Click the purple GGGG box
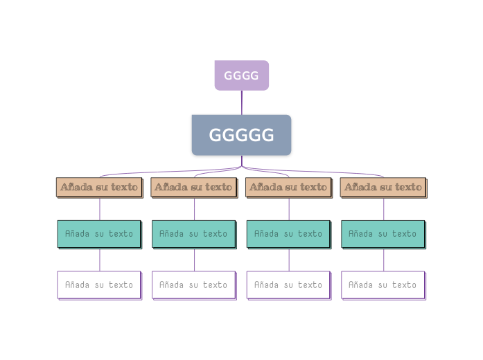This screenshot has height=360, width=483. click(241, 75)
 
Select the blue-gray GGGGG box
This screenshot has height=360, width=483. click(241, 135)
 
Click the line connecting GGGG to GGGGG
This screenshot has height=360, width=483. click(242, 102)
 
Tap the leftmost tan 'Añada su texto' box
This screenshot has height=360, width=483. click(99, 187)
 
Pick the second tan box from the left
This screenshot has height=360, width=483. click(193, 187)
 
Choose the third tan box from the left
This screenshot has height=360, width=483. click(288, 187)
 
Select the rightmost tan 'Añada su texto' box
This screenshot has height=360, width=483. click(383, 187)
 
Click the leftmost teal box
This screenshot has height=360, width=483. click(99, 234)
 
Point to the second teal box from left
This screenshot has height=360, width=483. click(193, 234)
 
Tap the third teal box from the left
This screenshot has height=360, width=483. click(288, 234)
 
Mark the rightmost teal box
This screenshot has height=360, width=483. click(383, 234)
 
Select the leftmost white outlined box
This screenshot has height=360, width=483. click(99, 285)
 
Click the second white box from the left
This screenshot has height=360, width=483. click(193, 285)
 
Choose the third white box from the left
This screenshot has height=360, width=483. click(288, 285)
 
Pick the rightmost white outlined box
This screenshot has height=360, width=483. click(383, 285)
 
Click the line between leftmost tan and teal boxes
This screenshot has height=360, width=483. click(100, 209)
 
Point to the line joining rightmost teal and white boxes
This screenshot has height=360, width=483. click(383, 260)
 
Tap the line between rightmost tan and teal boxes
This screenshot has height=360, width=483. click(383, 209)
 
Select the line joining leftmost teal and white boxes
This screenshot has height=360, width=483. click(100, 260)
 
